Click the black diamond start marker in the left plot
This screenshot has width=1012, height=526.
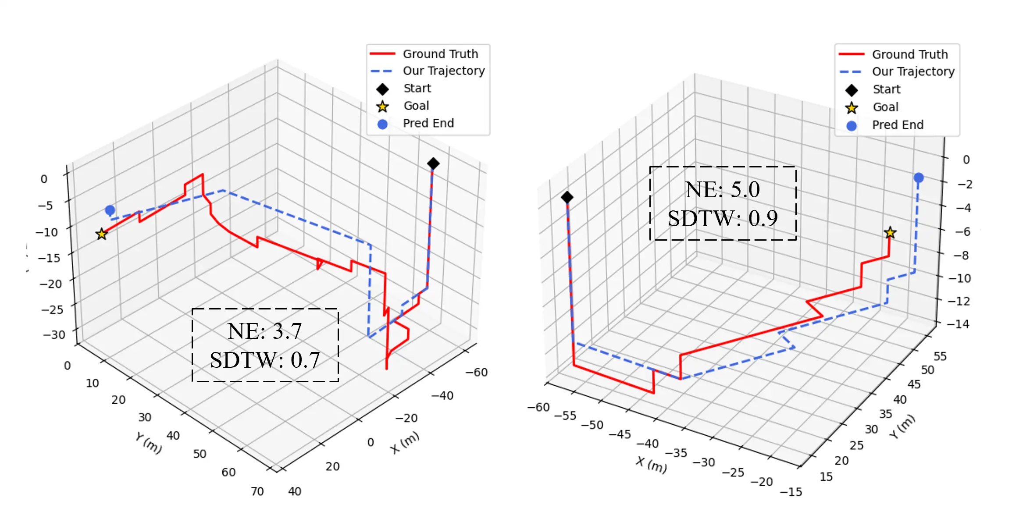[433, 164]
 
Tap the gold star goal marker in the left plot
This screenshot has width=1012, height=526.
[102, 234]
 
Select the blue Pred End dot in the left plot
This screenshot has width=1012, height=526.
[110, 210]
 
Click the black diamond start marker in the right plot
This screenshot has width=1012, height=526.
[567, 197]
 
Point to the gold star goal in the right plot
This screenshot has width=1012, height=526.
[890, 233]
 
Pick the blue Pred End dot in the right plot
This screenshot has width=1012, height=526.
[919, 178]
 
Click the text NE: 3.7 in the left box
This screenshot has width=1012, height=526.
[264, 331]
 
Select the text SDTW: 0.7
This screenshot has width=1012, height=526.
[264, 360]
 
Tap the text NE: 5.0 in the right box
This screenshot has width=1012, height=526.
[722, 189]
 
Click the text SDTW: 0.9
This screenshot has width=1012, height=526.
[722, 218]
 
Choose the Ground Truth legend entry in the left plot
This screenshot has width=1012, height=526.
[440, 54]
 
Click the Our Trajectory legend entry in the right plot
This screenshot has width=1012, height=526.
[912, 71]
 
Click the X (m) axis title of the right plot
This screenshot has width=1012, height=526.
[652, 465]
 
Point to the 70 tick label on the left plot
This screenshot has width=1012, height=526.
[257, 491]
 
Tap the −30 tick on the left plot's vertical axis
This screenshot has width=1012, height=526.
[53, 335]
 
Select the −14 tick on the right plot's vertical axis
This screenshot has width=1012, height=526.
[958, 324]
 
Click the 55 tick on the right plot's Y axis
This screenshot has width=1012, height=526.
[940, 356]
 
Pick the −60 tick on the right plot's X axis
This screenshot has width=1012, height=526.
[538, 407]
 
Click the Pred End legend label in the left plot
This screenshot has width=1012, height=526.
[428, 124]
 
